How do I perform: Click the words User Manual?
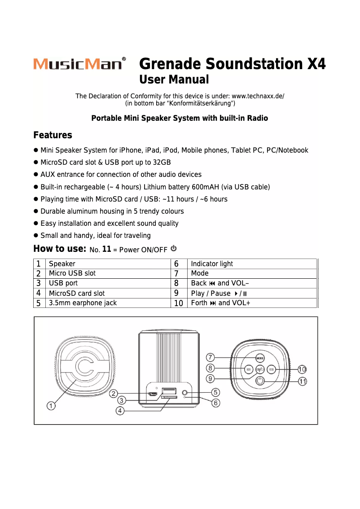coord(174,80)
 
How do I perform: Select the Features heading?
coord(53,135)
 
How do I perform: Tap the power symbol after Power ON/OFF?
coord(174,248)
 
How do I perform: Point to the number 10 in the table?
coord(178,303)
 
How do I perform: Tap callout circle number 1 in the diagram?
coord(52,406)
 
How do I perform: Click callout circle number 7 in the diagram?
coord(211,357)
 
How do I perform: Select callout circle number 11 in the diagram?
coord(303,381)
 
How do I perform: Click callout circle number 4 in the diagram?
coord(120,410)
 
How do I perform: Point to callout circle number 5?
coord(215,392)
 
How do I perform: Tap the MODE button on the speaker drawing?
coord(260,358)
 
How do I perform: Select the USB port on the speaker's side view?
coord(169,390)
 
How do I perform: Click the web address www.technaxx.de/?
coord(258,96)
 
